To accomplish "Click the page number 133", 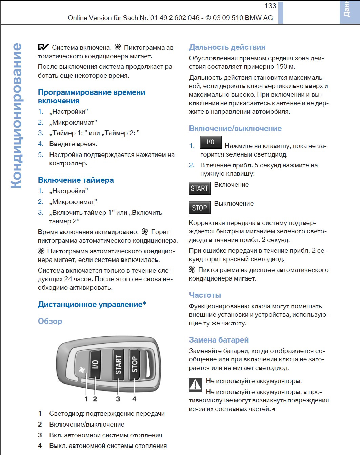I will pos(270,6).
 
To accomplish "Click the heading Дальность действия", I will pos(227,47).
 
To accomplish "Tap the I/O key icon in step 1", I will pos(211,142).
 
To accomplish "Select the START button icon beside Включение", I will pos(199,188).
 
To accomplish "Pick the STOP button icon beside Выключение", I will pos(199,208).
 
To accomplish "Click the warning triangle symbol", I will pos(195,385).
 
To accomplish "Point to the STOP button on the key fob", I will pos(135,364).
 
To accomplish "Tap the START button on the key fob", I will pos(118,365).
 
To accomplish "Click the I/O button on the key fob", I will pos(95,365).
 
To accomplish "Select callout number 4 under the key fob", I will pos(134,399).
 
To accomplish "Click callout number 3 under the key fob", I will pos(118,399).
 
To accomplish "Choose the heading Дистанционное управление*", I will pos(92,304).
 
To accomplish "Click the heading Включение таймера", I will pos(76,180).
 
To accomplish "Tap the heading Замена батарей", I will pos(219,340).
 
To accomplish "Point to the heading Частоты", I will pos(205,295).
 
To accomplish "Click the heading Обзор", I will pos(50,321).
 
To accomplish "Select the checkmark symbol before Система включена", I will pos(43,47).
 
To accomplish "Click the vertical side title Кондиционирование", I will pos(16,116).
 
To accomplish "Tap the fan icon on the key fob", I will pos(82,370).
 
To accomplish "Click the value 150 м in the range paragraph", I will pos(285,67).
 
